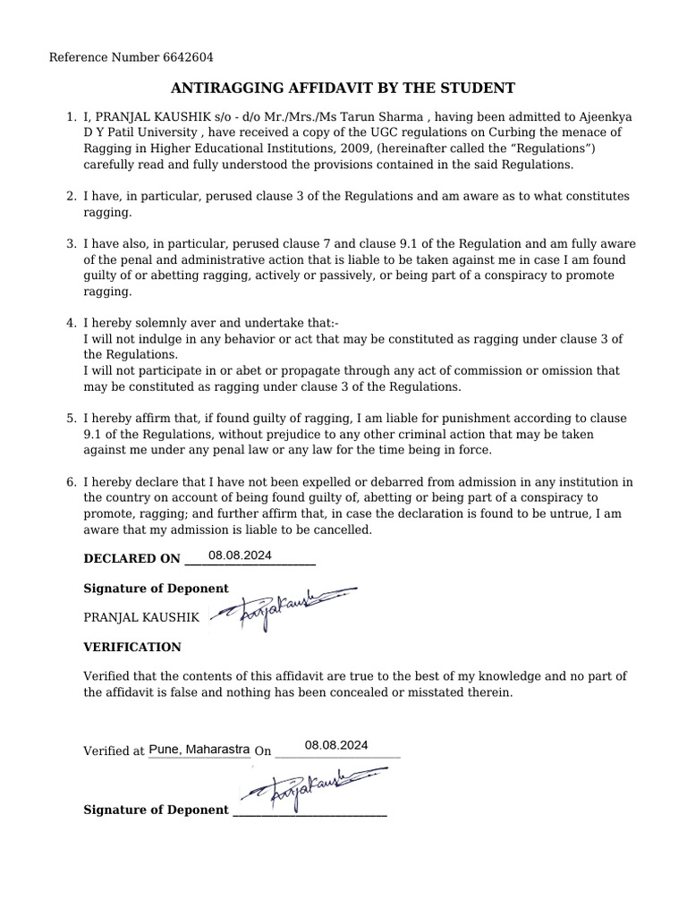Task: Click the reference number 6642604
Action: [189, 58]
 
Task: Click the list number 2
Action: [71, 196]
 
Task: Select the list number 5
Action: [71, 419]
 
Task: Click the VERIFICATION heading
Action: [131, 647]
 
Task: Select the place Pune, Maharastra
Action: [199, 750]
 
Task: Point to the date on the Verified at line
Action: [335, 744]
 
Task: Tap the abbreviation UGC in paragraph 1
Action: [352, 133]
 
